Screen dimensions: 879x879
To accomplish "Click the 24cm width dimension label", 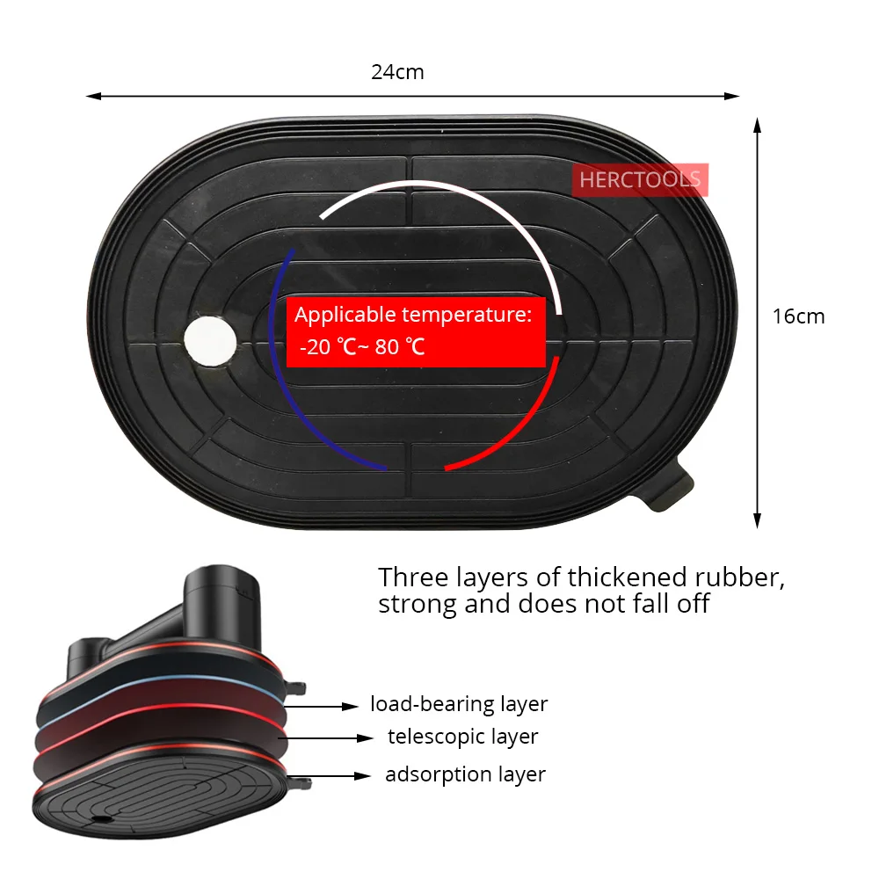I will [397, 72].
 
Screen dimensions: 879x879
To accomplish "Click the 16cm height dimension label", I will [798, 316].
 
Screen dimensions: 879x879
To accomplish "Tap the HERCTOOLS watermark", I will [639, 181].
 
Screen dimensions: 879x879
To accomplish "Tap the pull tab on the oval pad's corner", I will [672, 488].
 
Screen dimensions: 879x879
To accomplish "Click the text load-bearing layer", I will [459, 704].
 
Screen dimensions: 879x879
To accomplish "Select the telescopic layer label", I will [462, 737].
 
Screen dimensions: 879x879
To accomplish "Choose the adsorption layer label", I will [465, 774].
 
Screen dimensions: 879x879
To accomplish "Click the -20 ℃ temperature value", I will [327, 347].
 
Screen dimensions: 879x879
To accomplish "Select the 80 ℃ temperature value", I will [400, 347].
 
